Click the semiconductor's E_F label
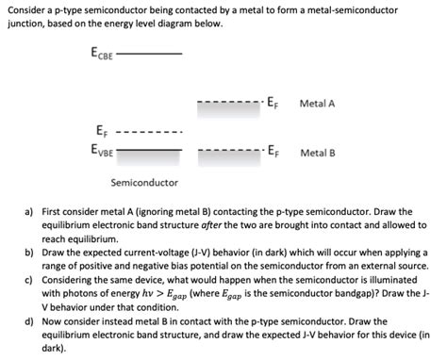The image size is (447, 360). click(101, 130)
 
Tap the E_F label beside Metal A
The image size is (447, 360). click(273, 103)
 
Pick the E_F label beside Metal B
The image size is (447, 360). click(273, 151)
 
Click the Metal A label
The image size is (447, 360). click(318, 103)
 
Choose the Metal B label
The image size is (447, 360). click(318, 152)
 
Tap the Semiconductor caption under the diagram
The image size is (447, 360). click(144, 181)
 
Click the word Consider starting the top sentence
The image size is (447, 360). click(25, 8)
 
